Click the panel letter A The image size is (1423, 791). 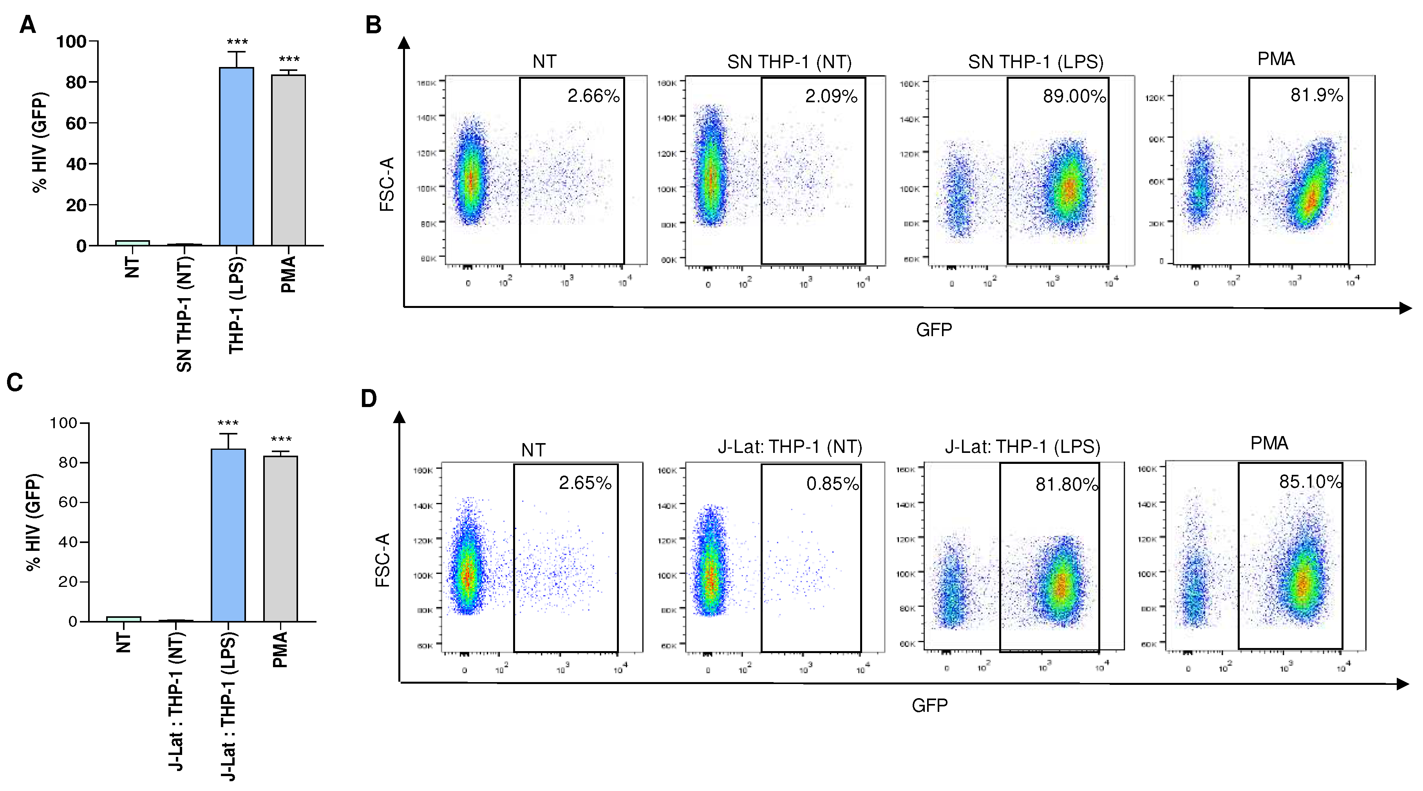pos(28,25)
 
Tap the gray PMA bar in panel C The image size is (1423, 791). pos(280,539)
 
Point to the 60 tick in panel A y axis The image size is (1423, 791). pos(76,123)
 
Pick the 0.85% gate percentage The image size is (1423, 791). pos(832,484)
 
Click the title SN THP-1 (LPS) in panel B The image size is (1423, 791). pos(1035,62)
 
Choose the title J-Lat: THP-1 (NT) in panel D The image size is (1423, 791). pos(790,446)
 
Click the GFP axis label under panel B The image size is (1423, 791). pos(933,330)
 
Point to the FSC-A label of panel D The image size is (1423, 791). pos(383,559)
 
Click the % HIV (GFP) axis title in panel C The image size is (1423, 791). pos(34,522)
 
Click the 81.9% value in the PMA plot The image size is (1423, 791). pos(1316,96)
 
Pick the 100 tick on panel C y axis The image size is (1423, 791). pos(63,423)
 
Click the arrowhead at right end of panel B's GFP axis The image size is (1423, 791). pos(1405,308)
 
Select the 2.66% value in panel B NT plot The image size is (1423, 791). pos(593,96)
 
